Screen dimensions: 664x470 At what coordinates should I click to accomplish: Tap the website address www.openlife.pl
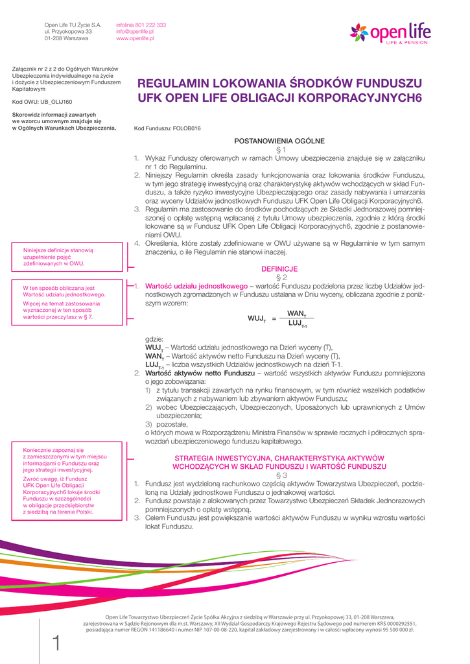135,39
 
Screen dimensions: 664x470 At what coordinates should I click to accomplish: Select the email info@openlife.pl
135,32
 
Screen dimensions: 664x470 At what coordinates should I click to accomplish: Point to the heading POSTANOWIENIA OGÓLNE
279,141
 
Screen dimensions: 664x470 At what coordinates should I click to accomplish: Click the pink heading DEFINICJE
279,268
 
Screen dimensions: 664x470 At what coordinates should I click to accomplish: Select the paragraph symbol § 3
279,475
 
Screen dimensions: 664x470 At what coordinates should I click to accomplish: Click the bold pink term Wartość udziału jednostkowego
196,285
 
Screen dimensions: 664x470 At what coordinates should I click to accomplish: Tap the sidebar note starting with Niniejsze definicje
59,257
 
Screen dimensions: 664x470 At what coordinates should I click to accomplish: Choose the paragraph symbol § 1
279,150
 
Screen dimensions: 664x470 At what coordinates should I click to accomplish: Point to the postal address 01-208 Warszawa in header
66,39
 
